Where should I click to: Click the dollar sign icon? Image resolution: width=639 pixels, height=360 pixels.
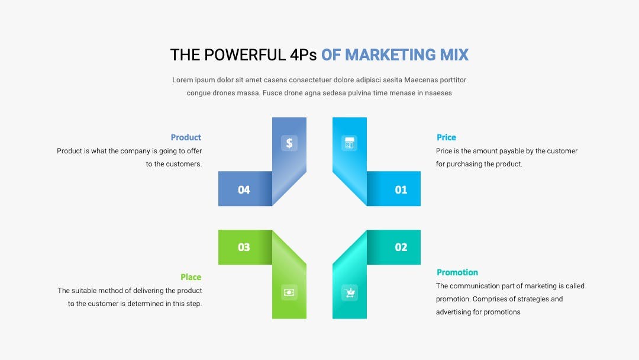[289, 143]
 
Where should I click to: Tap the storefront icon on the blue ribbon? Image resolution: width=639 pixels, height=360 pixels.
[349, 143]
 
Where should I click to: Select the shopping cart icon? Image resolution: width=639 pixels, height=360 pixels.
[349, 292]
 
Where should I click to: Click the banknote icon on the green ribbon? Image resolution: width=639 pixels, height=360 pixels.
[289, 292]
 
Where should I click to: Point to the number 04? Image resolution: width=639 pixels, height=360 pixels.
[244, 189]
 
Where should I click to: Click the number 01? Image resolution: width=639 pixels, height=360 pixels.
[401, 189]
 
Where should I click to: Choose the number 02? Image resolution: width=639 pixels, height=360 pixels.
[401, 247]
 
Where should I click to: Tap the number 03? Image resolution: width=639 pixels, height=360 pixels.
[244, 247]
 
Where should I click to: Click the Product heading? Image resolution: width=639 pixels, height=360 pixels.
[186, 137]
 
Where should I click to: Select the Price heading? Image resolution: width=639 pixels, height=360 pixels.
[446, 137]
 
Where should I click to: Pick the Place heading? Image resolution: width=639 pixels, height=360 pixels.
[191, 277]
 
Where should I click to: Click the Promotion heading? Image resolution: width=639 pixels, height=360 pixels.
[457, 272]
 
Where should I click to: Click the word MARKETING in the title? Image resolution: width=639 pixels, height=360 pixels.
[390, 55]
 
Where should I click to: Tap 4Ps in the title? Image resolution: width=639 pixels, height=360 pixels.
[303, 55]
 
